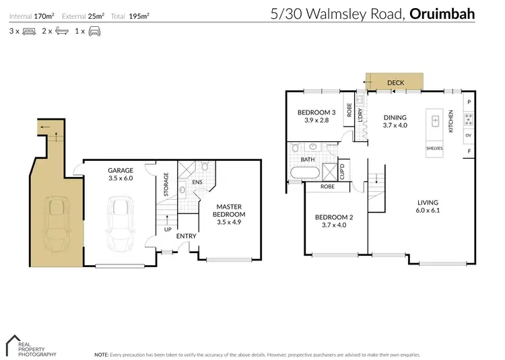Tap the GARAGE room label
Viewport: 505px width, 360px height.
[x=121, y=170]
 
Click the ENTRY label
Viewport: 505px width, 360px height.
[x=187, y=236]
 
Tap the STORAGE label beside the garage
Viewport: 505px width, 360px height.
[x=166, y=184]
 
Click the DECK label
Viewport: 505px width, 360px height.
[x=395, y=83]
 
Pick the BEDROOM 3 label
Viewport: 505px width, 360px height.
[x=316, y=112]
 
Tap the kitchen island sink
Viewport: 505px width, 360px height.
[x=436, y=122]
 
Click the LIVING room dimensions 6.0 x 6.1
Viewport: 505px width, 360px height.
[x=428, y=211]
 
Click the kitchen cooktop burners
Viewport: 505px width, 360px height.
[x=469, y=119]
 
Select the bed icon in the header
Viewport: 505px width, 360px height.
[x=29, y=31]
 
